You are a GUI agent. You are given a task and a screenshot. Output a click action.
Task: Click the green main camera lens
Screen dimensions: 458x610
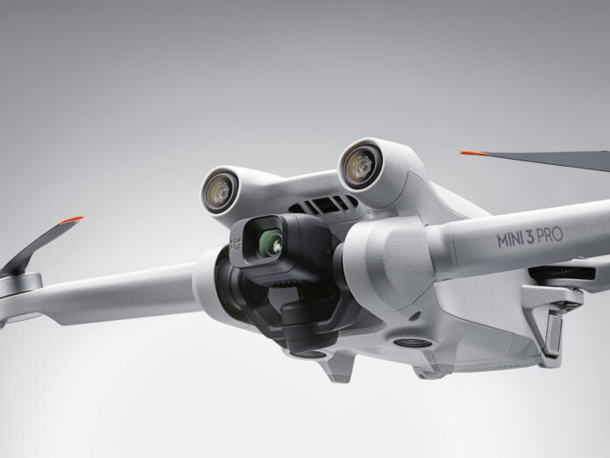pyautogui.click(x=266, y=239)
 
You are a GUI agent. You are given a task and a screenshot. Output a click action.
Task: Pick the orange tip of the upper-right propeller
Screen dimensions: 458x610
pyautogui.click(x=475, y=154)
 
